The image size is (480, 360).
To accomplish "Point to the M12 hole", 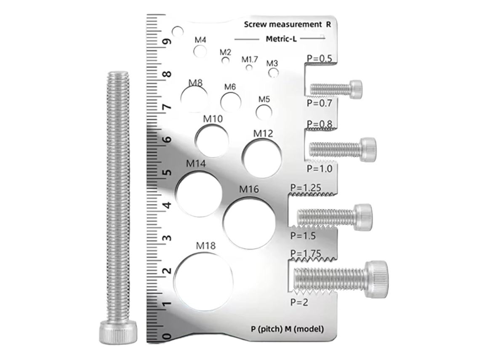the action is tap(262, 158).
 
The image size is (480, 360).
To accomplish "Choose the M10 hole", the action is tap(212, 141).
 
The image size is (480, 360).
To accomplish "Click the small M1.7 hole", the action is tap(250, 67).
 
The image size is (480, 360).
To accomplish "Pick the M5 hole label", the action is tap(264, 99).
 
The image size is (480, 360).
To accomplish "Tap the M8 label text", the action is tap(195, 83).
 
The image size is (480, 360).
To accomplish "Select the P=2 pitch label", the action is tap(299, 302).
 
